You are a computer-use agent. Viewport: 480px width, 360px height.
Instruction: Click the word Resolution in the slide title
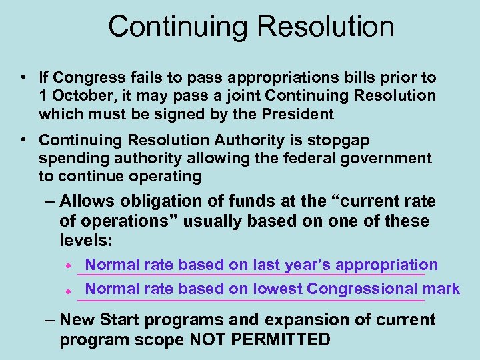326,27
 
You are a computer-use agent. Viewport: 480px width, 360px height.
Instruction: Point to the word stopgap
340,141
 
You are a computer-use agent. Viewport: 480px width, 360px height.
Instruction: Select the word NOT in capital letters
210,339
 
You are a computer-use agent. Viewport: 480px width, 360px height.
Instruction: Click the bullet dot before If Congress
23,78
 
